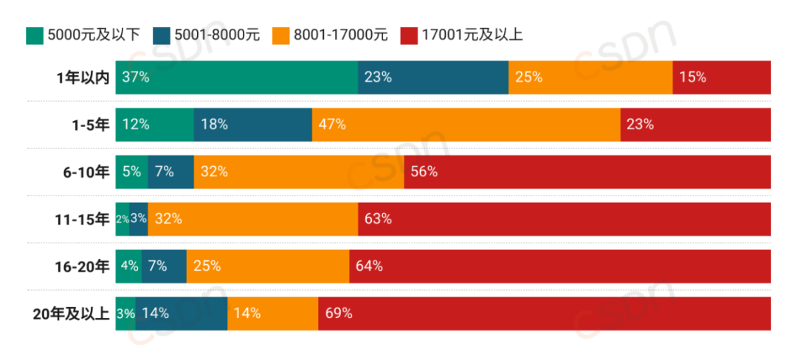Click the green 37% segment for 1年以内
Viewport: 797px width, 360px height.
[x=236, y=77]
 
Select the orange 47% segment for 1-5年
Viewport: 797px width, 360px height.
[x=466, y=124]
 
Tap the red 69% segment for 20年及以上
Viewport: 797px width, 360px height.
[x=544, y=314]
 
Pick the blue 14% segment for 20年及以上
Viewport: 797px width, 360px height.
[x=181, y=314]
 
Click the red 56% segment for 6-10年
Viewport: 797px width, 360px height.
[x=587, y=172]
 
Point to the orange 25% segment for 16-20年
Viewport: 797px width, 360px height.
[x=267, y=266]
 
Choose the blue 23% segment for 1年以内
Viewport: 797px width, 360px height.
[x=433, y=77]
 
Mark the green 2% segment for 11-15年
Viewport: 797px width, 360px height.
[x=123, y=219]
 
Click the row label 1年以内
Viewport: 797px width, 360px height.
[x=83, y=77]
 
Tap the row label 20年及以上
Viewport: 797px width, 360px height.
[x=72, y=314]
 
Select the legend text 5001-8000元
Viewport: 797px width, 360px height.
[x=216, y=34]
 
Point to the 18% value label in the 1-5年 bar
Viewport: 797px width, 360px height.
[x=214, y=124]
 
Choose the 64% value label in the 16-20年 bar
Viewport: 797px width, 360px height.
[x=368, y=266]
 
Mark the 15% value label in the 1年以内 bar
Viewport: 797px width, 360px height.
[x=692, y=77]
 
